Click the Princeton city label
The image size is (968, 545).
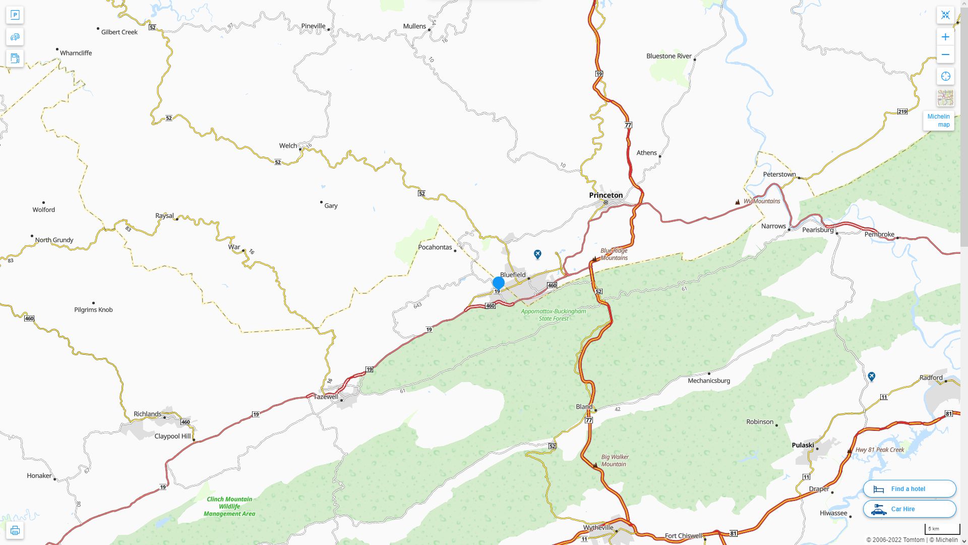tap(606, 195)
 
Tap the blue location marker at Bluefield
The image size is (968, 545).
tap(498, 283)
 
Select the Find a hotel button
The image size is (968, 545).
tap(909, 489)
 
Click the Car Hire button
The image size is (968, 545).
tap(909, 509)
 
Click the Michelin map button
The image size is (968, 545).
tap(938, 121)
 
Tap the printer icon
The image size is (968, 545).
tap(15, 530)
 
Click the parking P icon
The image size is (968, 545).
tap(15, 15)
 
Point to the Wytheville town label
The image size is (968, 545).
tap(598, 528)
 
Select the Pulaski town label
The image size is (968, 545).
tap(803, 445)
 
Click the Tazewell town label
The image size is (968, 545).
tap(326, 397)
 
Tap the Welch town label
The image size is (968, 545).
tap(288, 146)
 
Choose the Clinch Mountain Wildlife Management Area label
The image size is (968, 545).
tap(229, 507)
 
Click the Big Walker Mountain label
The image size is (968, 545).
tap(615, 461)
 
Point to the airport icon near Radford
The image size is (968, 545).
tap(871, 376)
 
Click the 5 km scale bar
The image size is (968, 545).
tap(942, 529)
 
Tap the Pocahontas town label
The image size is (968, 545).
tap(435, 247)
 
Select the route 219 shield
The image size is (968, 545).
tap(902, 112)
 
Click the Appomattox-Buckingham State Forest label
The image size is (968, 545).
tap(553, 315)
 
